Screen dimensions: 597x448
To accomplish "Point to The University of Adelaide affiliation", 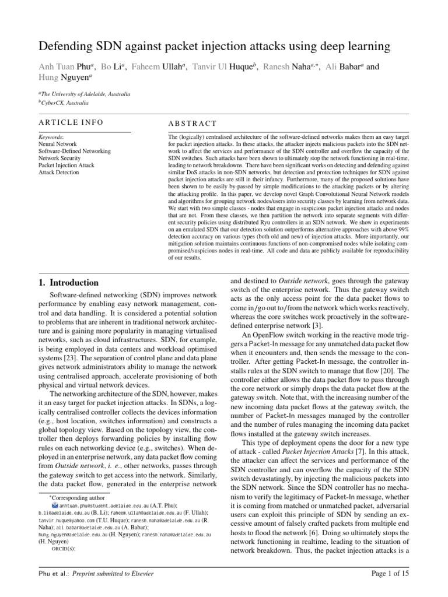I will [85, 94].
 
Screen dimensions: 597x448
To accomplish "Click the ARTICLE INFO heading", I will [71, 122].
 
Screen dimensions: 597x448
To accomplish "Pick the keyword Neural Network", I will [57, 143].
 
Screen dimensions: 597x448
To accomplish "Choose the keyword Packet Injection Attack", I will [65, 166].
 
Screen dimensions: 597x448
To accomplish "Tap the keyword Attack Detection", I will [59, 173].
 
